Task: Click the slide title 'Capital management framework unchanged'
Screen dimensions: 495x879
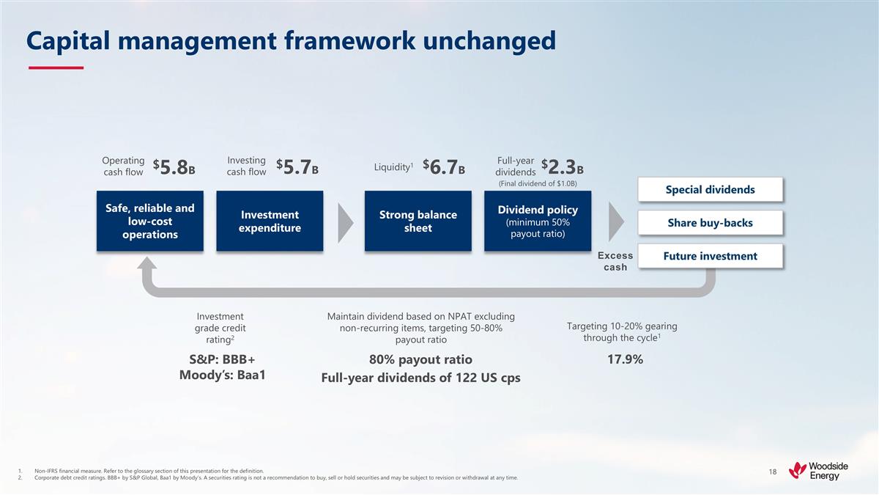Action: tap(291, 41)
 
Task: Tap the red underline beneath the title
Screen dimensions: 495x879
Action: tap(56, 68)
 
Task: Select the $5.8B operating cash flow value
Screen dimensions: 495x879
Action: tap(174, 168)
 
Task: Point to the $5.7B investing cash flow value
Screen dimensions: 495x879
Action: tap(298, 168)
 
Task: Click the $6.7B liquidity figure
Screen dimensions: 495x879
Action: tap(444, 168)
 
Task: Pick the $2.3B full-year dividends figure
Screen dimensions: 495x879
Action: tap(563, 167)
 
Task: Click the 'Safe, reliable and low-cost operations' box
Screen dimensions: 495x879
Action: tap(150, 221)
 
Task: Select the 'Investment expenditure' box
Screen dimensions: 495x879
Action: tap(270, 221)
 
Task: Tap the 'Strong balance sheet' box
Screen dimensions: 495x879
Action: tap(418, 221)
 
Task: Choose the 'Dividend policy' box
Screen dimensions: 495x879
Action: tap(538, 221)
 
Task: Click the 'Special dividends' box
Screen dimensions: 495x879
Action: tap(710, 190)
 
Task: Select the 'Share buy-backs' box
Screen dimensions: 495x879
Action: tap(710, 223)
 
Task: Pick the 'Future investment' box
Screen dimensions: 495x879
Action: tap(710, 256)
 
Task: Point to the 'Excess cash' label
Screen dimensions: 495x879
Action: tap(615, 261)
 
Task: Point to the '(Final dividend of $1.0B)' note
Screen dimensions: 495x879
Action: tap(538, 184)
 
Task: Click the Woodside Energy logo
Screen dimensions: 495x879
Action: tap(814, 469)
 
